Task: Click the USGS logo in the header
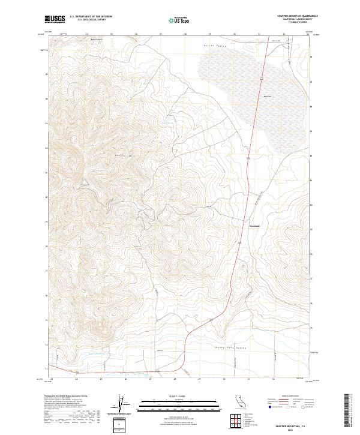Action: [x=55, y=20]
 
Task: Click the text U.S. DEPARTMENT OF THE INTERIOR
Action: [x=91, y=17]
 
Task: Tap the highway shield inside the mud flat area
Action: [x=262, y=78]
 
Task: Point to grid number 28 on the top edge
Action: [x=185, y=35]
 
